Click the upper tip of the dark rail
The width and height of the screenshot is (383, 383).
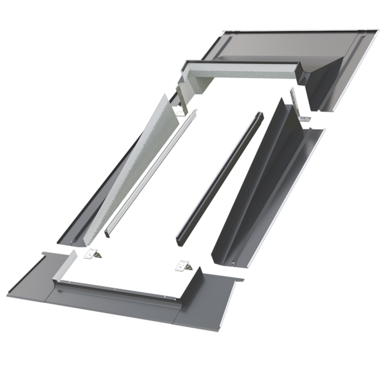click(260, 116)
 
